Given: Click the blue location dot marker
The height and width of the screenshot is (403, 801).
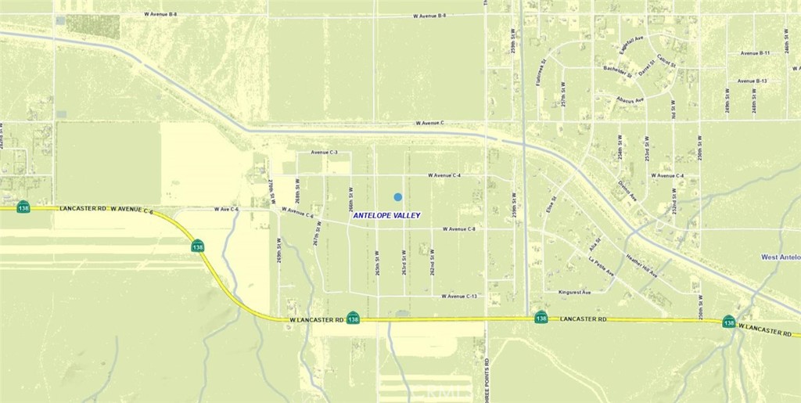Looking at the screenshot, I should pyautogui.click(x=398, y=197).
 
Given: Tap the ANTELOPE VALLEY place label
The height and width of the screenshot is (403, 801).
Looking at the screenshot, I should pyautogui.click(x=386, y=215).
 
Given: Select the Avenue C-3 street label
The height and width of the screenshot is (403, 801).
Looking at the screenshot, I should pyautogui.click(x=324, y=153).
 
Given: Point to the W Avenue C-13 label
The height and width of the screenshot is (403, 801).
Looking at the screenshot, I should pyautogui.click(x=459, y=297).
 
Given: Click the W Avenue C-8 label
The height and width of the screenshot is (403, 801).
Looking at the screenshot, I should pyautogui.click(x=459, y=229).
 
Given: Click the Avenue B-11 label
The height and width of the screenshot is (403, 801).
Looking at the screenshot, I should pyautogui.click(x=755, y=53).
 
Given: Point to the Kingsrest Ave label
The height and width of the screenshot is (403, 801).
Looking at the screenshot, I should pyautogui.click(x=575, y=292).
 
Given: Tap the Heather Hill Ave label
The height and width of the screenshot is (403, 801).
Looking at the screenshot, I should pyautogui.click(x=640, y=266).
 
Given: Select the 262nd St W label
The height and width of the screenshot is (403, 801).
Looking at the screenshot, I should pyautogui.click(x=432, y=262).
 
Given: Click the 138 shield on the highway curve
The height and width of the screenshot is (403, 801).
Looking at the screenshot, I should pyautogui.click(x=198, y=246).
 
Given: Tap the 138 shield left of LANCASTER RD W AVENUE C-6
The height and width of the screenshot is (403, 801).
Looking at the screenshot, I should pyautogui.click(x=23, y=207).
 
